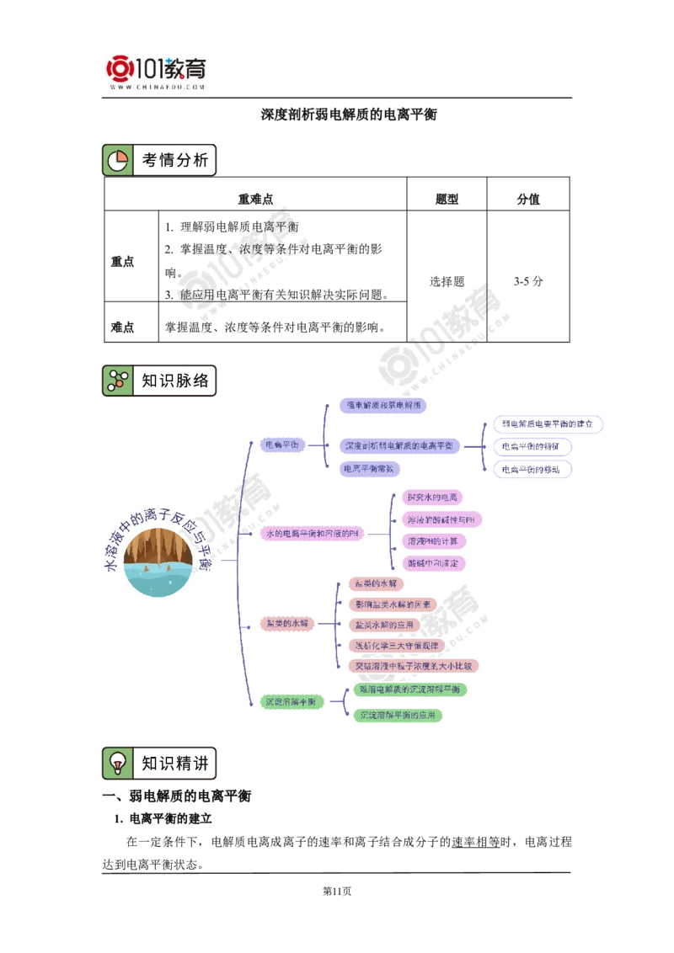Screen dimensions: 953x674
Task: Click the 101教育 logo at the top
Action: (158, 72)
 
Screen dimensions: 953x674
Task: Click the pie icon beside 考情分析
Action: (118, 160)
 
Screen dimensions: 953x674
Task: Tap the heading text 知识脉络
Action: (174, 381)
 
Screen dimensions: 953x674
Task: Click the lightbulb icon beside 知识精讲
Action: (118, 764)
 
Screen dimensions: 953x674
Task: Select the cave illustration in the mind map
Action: (158, 561)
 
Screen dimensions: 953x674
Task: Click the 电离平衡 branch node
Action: (281, 445)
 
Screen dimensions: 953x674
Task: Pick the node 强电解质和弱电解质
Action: (382, 405)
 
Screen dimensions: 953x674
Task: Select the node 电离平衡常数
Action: (370, 468)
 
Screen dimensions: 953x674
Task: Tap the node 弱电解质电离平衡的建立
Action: (548, 423)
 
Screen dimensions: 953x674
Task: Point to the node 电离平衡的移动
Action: (531, 469)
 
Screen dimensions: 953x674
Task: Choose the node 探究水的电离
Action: (431, 497)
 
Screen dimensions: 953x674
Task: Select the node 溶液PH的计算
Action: (431, 540)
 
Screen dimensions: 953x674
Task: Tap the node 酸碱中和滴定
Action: (431, 562)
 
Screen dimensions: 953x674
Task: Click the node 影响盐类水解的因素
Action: (393, 604)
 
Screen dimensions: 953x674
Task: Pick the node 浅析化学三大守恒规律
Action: (396, 645)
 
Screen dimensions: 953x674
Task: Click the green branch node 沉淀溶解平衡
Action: (290, 701)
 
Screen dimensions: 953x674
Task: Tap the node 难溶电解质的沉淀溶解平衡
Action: (409, 689)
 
